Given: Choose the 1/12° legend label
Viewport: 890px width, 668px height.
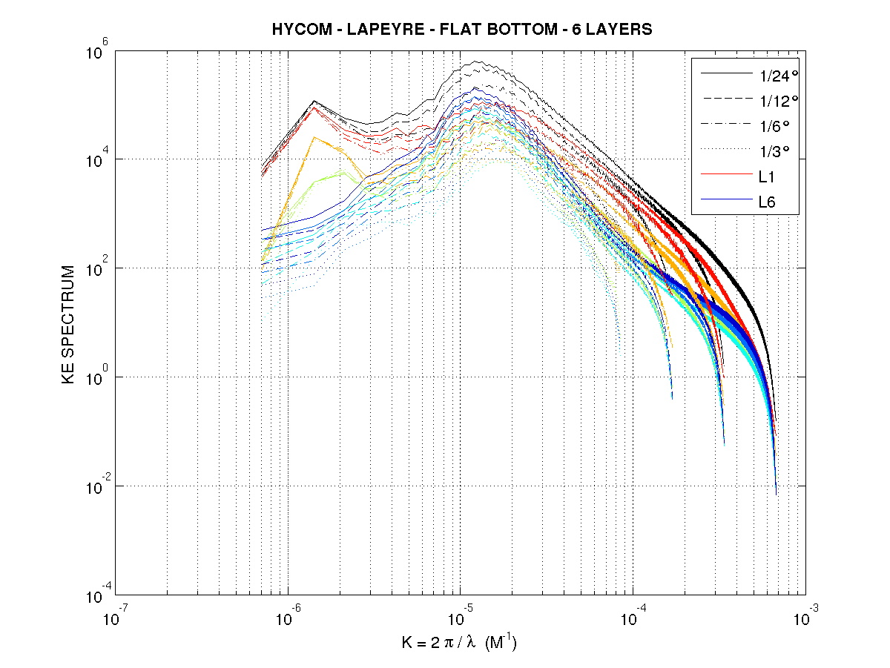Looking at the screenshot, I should click(x=769, y=100).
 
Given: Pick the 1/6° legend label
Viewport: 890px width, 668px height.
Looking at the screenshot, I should click(x=766, y=125).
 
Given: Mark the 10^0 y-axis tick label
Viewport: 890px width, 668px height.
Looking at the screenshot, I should click(x=99, y=377).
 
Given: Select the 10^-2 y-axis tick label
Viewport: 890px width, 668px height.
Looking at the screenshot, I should click(x=97, y=486).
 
